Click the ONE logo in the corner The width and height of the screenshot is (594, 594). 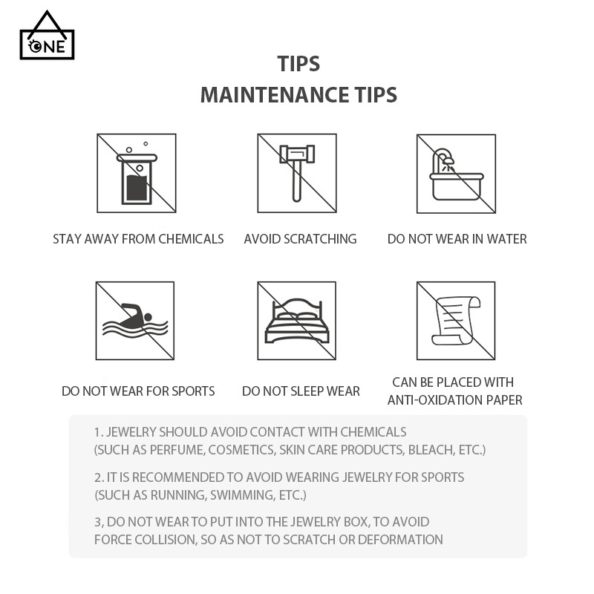[x=47, y=35]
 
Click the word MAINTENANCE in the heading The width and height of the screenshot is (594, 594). [x=274, y=95]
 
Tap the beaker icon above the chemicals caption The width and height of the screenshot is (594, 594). [x=137, y=176]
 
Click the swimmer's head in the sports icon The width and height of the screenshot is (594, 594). [x=148, y=317]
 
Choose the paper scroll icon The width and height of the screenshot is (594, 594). [x=456, y=321]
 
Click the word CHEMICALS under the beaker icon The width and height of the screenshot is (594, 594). [x=191, y=239]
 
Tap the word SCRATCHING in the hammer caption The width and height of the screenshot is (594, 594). [x=320, y=239]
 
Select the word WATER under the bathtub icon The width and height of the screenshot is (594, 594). [x=506, y=239]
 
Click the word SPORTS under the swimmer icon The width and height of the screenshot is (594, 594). [x=193, y=391]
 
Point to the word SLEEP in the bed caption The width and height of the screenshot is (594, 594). [x=306, y=391]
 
